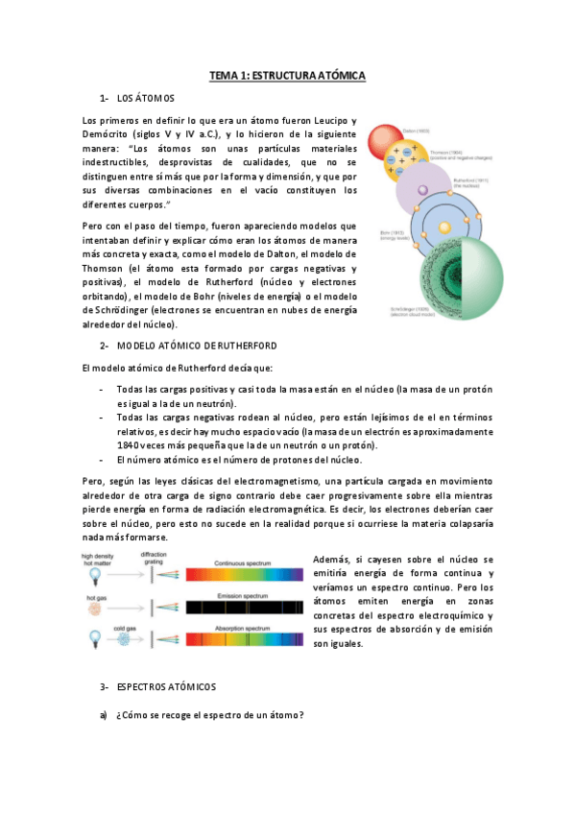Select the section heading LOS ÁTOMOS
click(145, 99)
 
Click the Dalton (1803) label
click(416, 130)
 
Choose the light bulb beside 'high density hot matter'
click(95, 576)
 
